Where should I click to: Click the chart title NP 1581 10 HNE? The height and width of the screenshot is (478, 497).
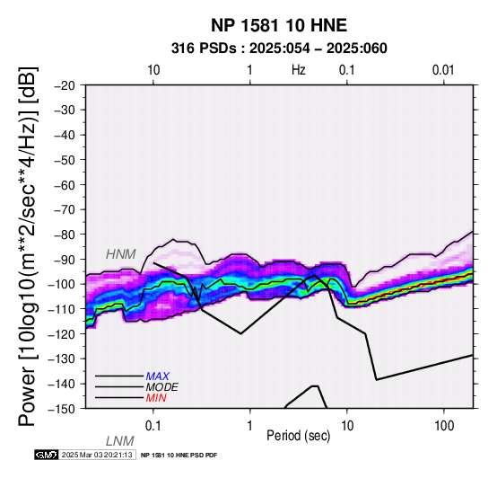pos(279,25)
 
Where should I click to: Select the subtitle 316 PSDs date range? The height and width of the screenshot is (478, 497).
pos(279,49)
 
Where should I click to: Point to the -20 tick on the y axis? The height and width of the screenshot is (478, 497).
pos(65,85)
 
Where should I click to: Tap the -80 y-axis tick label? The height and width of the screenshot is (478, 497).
pos(65,235)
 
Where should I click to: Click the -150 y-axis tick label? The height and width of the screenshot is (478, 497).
pos(62,409)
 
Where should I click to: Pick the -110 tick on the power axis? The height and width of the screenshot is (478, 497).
pos(62,309)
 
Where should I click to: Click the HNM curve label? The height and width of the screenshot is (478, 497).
pos(121,254)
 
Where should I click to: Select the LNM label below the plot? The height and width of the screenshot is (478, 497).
pos(120,441)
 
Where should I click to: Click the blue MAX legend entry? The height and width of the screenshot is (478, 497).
pos(158,376)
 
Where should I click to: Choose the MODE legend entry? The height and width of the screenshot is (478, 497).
pos(162,387)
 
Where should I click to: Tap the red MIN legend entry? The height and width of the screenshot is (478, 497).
pos(156,398)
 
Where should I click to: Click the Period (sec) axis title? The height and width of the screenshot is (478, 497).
pos(298,436)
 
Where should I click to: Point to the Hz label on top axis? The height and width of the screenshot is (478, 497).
pos(298,70)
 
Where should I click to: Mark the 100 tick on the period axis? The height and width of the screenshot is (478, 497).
pos(444,426)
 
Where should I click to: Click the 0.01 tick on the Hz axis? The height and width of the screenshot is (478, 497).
pos(443,70)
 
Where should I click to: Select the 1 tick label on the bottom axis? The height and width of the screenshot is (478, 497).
pos(249,426)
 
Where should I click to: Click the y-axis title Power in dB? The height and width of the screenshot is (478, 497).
pos(28,246)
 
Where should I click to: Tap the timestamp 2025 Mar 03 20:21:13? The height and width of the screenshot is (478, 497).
pos(97,455)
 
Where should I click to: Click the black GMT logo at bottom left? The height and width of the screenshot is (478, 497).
pos(47,455)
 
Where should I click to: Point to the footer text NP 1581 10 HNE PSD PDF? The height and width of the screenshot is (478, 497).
pos(179,456)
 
